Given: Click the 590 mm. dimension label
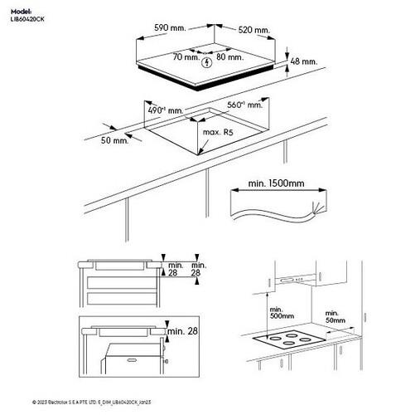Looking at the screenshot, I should [x=170, y=28].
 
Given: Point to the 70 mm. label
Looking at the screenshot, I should [x=186, y=57].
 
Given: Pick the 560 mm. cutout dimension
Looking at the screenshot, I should [x=245, y=105].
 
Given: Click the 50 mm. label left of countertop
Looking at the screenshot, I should [x=115, y=142].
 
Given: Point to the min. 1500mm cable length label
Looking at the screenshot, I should [x=275, y=183].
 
